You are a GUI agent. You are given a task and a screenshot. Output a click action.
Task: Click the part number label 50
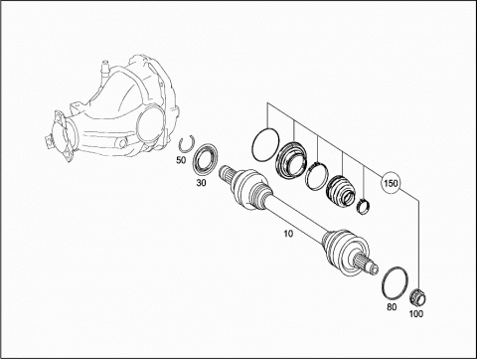tap(181, 160)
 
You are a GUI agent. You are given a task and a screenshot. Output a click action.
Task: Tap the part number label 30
tap(201, 183)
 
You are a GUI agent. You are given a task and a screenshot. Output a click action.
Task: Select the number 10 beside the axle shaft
tap(288, 234)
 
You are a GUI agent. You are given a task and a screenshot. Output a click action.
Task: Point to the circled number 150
tap(391, 183)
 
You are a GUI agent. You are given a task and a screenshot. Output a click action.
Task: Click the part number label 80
tap(392, 307)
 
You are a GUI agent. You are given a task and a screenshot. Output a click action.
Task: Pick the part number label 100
tap(416, 313)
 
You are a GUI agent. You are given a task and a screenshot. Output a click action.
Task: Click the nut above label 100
tap(418, 297)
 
